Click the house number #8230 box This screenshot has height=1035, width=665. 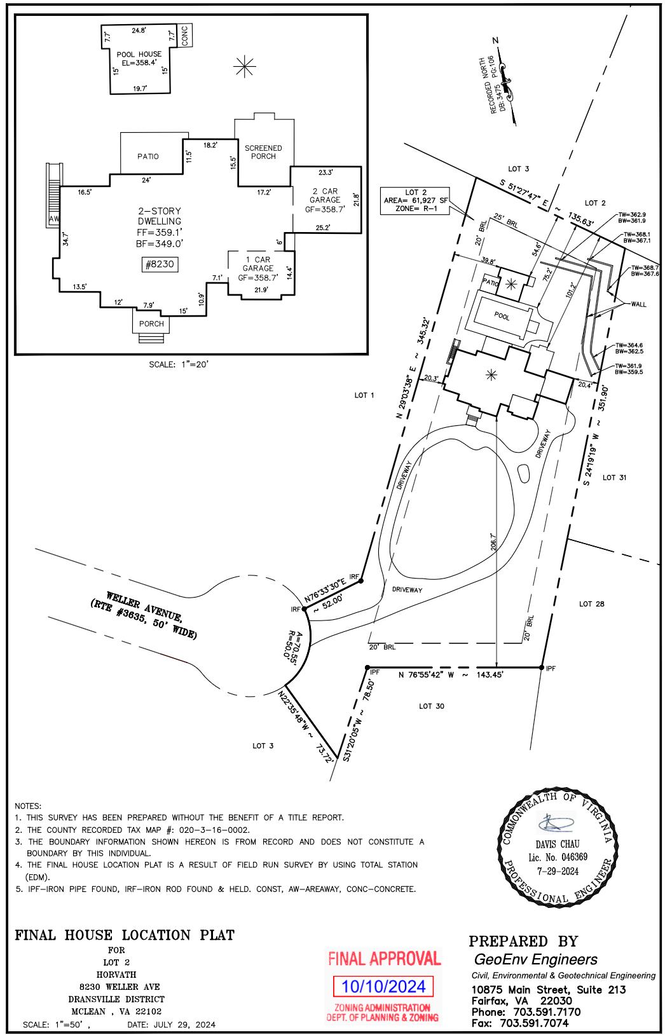(x=160, y=264)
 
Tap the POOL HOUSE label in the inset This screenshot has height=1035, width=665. (x=139, y=54)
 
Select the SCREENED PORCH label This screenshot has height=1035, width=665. (x=263, y=152)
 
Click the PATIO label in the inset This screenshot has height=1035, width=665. (x=147, y=156)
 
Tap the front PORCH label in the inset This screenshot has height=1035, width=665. (x=151, y=324)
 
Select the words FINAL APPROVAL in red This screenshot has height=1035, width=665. (x=384, y=958)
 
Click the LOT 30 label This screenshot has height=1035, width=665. (x=432, y=706)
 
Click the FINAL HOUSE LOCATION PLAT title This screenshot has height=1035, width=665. (x=125, y=935)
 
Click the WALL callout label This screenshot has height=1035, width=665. (x=638, y=304)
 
